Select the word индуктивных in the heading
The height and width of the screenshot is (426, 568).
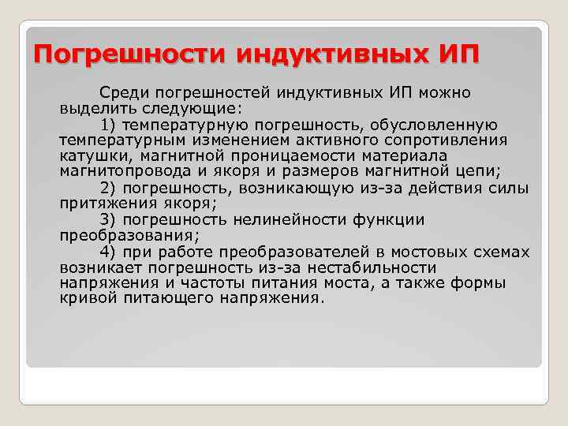331,56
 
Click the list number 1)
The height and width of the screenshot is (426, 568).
110,125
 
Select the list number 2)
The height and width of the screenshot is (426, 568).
110,188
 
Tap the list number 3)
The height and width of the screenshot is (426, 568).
110,220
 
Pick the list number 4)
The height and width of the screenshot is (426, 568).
110,252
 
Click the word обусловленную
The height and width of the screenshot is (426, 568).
445,125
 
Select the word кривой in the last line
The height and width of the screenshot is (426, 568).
84,299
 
